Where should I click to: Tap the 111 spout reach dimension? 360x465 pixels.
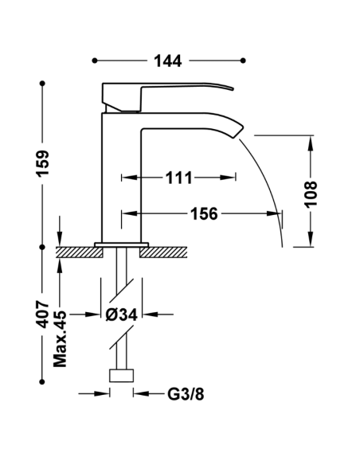pyautogui.click(x=178, y=178)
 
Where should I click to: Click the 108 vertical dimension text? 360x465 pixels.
pyautogui.click(x=311, y=193)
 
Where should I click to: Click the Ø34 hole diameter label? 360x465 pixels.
pyautogui.click(x=123, y=315)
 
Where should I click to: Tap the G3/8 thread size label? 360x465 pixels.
pyautogui.click(x=182, y=393)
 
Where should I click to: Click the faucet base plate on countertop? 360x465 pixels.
pyautogui.click(x=122, y=244)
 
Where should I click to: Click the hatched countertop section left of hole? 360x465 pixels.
pyautogui.click(x=80, y=252)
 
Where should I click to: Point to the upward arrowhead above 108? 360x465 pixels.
pyautogui.click(x=310, y=142)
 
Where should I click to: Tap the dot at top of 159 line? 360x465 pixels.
pyautogui.click(x=42, y=82)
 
